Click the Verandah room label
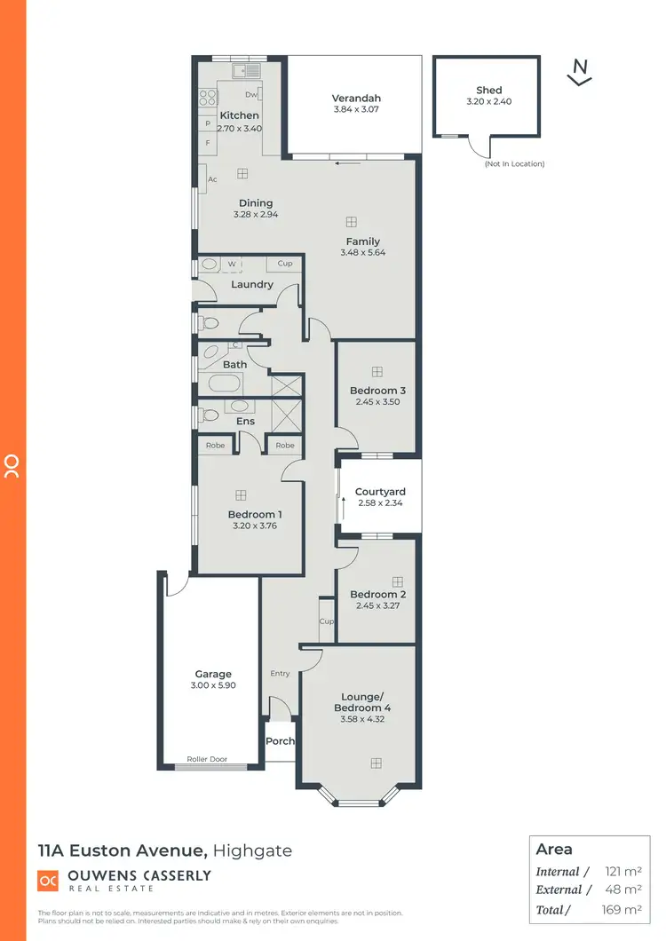355,98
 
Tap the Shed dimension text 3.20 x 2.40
488,101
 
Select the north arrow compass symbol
580,71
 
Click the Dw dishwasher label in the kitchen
251,94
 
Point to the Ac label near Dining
212,179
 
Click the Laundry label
251,285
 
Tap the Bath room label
235,365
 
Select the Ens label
245,421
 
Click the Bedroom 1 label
255,515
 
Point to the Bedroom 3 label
377,391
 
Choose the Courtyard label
380,492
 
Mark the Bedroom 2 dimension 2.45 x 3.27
377,606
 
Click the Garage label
213,675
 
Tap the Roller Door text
207,760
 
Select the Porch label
280,741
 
